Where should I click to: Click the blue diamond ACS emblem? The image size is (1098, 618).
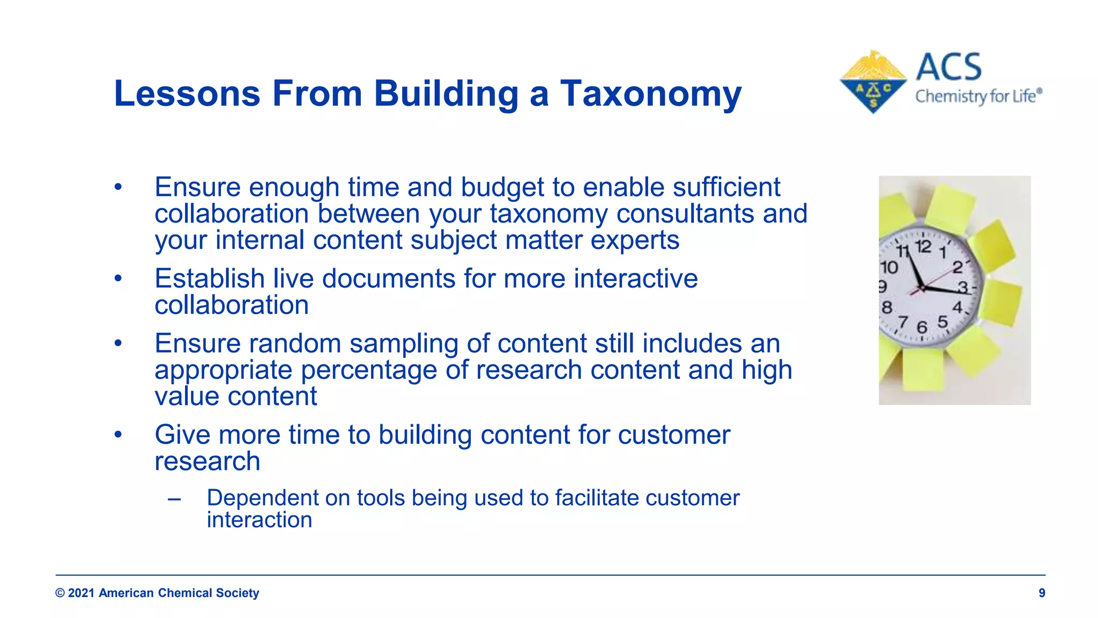(x=873, y=83)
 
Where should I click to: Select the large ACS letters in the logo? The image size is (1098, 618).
(x=949, y=67)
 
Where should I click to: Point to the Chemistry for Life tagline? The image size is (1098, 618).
(x=978, y=97)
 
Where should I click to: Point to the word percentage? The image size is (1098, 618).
(x=369, y=370)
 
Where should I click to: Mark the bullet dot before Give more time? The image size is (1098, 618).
(x=118, y=435)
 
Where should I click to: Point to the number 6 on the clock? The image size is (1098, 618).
(x=922, y=327)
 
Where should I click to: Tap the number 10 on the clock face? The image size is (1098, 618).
(x=889, y=267)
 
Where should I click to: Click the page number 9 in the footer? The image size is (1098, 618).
(x=1042, y=593)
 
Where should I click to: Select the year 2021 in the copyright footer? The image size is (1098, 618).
(x=81, y=593)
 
